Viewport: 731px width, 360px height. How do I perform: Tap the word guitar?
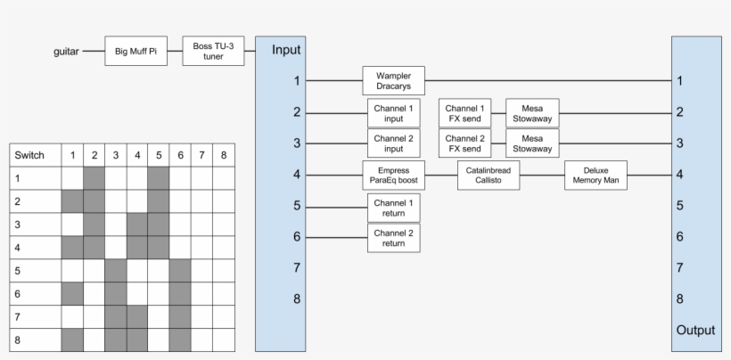pyautogui.click(x=67, y=52)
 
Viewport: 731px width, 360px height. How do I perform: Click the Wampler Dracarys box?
pyautogui.click(x=393, y=81)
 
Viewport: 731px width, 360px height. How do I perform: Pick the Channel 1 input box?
pyautogui.click(x=393, y=113)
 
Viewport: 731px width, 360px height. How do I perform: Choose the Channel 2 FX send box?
pyautogui.click(x=465, y=143)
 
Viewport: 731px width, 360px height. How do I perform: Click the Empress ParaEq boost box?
pyautogui.click(x=393, y=176)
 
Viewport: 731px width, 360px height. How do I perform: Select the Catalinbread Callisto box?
pyautogui.click(x=488, y=176)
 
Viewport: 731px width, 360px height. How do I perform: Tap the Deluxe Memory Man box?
pyautogui.click(x=595, y=176)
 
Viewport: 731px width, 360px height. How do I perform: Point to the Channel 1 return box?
pyautogui.click(x=393, y=208)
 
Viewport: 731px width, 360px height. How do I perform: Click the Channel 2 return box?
pyautogui.click(x=393, y=238)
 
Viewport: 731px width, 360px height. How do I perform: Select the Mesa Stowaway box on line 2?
pyautogui.click(x=532, y=113)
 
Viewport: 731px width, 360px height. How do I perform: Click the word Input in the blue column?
pyautogui.click(x=286, y=50)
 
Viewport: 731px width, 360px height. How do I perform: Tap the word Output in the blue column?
pyautogui.click(x=695, y=330)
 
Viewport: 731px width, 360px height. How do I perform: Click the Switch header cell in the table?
pyautogui.click(x=35, y=155)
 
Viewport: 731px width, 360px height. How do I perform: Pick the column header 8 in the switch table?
pyautogui.click(x=224, y=155)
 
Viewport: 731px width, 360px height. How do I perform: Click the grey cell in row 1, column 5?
pyautogui.click(x=158, y=178)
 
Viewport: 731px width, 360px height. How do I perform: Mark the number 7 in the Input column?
pyautogui.click(x=297, y=268)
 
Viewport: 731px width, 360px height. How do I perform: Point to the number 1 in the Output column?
pyautogui.click(x=680, y=81)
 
